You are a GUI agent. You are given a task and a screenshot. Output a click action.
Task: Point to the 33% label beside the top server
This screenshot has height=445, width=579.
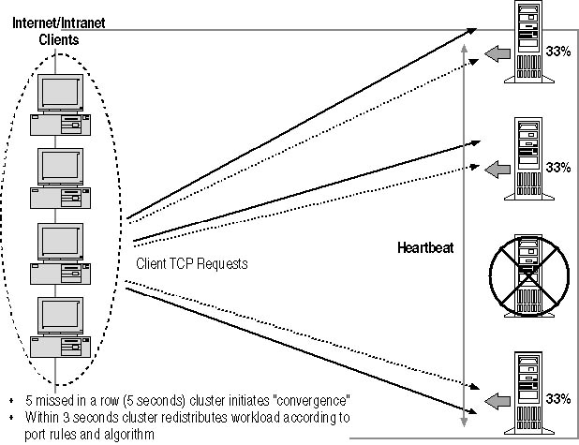(558, 52)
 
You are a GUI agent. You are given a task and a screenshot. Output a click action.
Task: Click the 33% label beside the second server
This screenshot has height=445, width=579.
(558, 167)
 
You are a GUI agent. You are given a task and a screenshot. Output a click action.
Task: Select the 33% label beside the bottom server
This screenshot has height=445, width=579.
(558, 398)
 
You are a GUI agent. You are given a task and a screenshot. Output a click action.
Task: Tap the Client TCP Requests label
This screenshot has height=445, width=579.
(191, 263)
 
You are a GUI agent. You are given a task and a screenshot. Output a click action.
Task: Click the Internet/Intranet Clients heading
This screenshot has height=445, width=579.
(58, 30)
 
